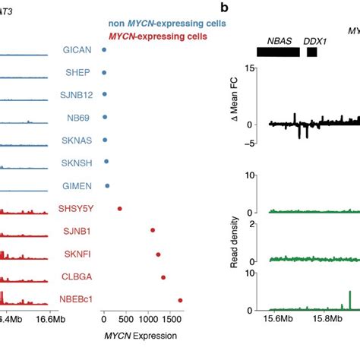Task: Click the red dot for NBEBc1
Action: tap(180, 300)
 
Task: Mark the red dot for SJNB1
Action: tap(153, 230)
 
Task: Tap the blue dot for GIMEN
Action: tap(107, 185)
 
